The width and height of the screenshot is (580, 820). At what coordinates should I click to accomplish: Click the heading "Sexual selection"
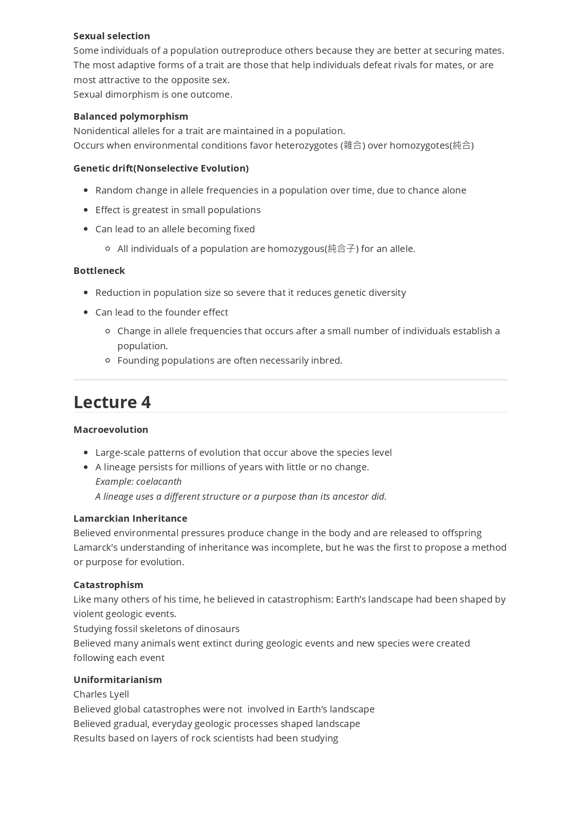point(111,36)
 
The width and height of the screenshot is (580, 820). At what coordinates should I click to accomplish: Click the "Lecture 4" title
point(112,402)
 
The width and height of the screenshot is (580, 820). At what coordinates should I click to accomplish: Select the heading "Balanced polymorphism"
point(130,116)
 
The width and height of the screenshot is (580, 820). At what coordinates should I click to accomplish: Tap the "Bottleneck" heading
point(99,271)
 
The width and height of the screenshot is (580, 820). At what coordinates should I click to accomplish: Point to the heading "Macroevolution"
point(110,430)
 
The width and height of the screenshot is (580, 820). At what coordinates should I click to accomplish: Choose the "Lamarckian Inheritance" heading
point(130,518)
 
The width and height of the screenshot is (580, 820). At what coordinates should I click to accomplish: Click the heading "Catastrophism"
point(108,585)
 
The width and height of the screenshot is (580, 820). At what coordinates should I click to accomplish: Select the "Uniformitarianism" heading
point(117,680)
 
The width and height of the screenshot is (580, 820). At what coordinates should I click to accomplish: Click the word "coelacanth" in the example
point(159,482)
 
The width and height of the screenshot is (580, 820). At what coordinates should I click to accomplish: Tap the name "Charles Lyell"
point(101,694)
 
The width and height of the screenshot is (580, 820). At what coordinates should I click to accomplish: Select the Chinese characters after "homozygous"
point(341,249)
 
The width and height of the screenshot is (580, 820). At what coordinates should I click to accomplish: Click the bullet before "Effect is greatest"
point(86,210)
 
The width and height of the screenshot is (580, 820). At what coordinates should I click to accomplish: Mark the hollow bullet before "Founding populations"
point(108,360)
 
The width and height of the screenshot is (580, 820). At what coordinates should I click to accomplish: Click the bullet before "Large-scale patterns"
point(86,453)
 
